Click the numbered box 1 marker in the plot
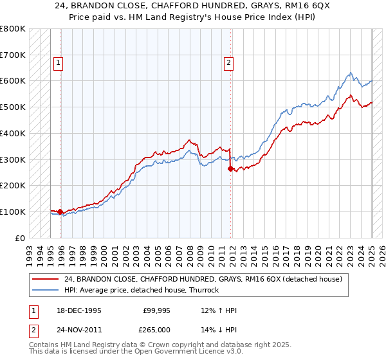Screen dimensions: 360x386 pyautogui.click(x=59, y=63)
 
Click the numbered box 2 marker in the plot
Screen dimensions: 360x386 pyautogui.click(x=228, y=63)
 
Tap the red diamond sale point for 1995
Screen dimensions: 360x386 pyautogui.click(x=60, y=212)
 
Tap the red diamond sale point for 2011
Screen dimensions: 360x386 pyautogui.click(x=230, y=168)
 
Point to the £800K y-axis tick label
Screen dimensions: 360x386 pyautogui.click(x=13, y=29)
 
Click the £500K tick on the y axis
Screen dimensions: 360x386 pyautogui.click(x=13, y=107)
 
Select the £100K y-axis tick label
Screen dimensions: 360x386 pyautogui.click(x=13, y=212)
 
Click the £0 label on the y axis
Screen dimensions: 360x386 pyautogui.click(x=21, y=238)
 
